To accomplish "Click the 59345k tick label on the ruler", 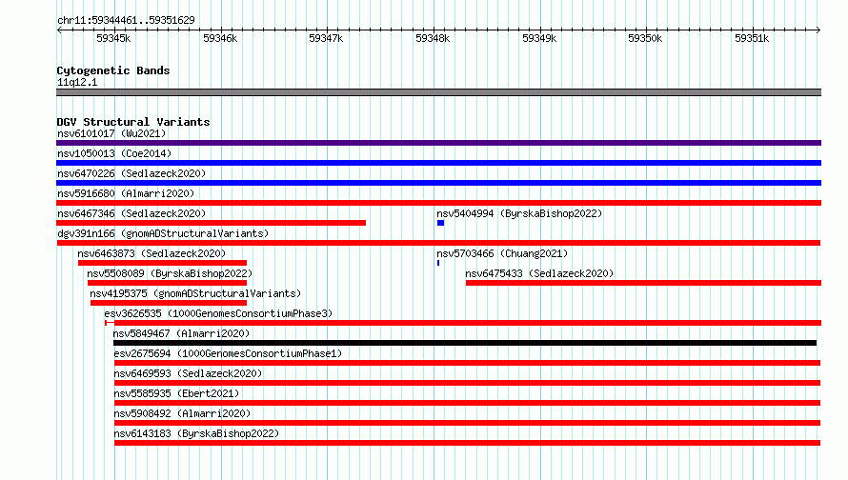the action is pos(113,38).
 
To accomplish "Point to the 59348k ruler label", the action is pos(433,38).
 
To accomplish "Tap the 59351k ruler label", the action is pos(752,38).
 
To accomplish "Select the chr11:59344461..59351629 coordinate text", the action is pos(126,21).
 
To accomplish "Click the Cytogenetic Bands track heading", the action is pos(113,70).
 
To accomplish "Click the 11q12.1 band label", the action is pos(77,82).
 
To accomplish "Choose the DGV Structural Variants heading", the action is pos(133,122).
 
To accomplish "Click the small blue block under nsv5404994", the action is pos(441,223).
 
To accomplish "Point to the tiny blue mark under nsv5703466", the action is pos(438,263).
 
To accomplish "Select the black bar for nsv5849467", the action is pos(465,343).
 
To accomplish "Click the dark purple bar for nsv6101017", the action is pos(438,143).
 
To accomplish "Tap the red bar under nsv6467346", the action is pos(211,223).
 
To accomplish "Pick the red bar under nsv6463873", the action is pos(162,263).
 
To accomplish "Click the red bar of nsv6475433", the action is pos(643,283).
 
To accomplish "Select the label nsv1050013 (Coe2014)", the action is pos(114,153).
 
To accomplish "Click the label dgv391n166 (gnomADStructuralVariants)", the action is pos(163,233).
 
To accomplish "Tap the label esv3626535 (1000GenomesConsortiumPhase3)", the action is pos(218,313).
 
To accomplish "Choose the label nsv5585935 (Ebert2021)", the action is pos(176,393).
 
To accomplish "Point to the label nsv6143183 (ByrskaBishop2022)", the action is pos(196,433).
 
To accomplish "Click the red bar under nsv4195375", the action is pos(169,303).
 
